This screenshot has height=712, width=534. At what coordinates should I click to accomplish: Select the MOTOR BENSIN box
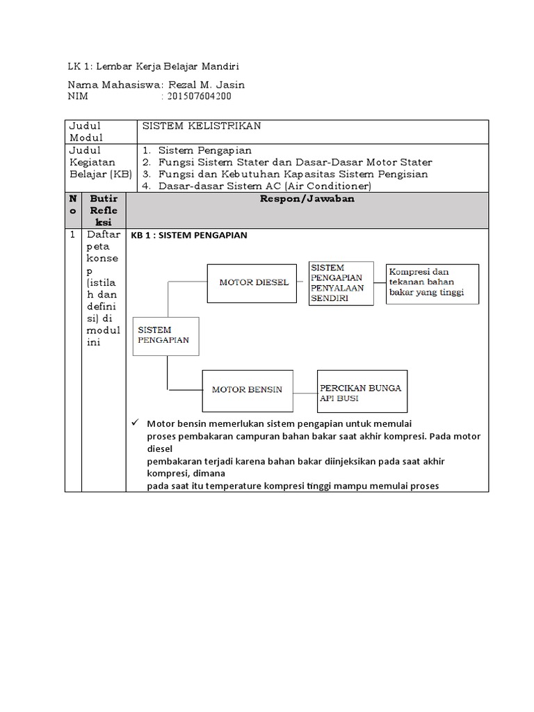247,389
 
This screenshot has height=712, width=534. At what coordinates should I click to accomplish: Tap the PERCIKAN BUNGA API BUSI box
362,391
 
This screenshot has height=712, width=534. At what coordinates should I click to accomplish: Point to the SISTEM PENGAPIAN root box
165,336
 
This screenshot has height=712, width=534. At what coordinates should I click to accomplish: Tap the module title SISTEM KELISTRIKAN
201,126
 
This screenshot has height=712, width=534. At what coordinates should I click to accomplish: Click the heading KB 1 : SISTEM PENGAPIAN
188,236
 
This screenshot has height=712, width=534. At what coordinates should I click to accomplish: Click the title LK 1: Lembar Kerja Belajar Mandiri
153,67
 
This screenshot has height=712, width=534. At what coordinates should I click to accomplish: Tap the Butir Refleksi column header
104,211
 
